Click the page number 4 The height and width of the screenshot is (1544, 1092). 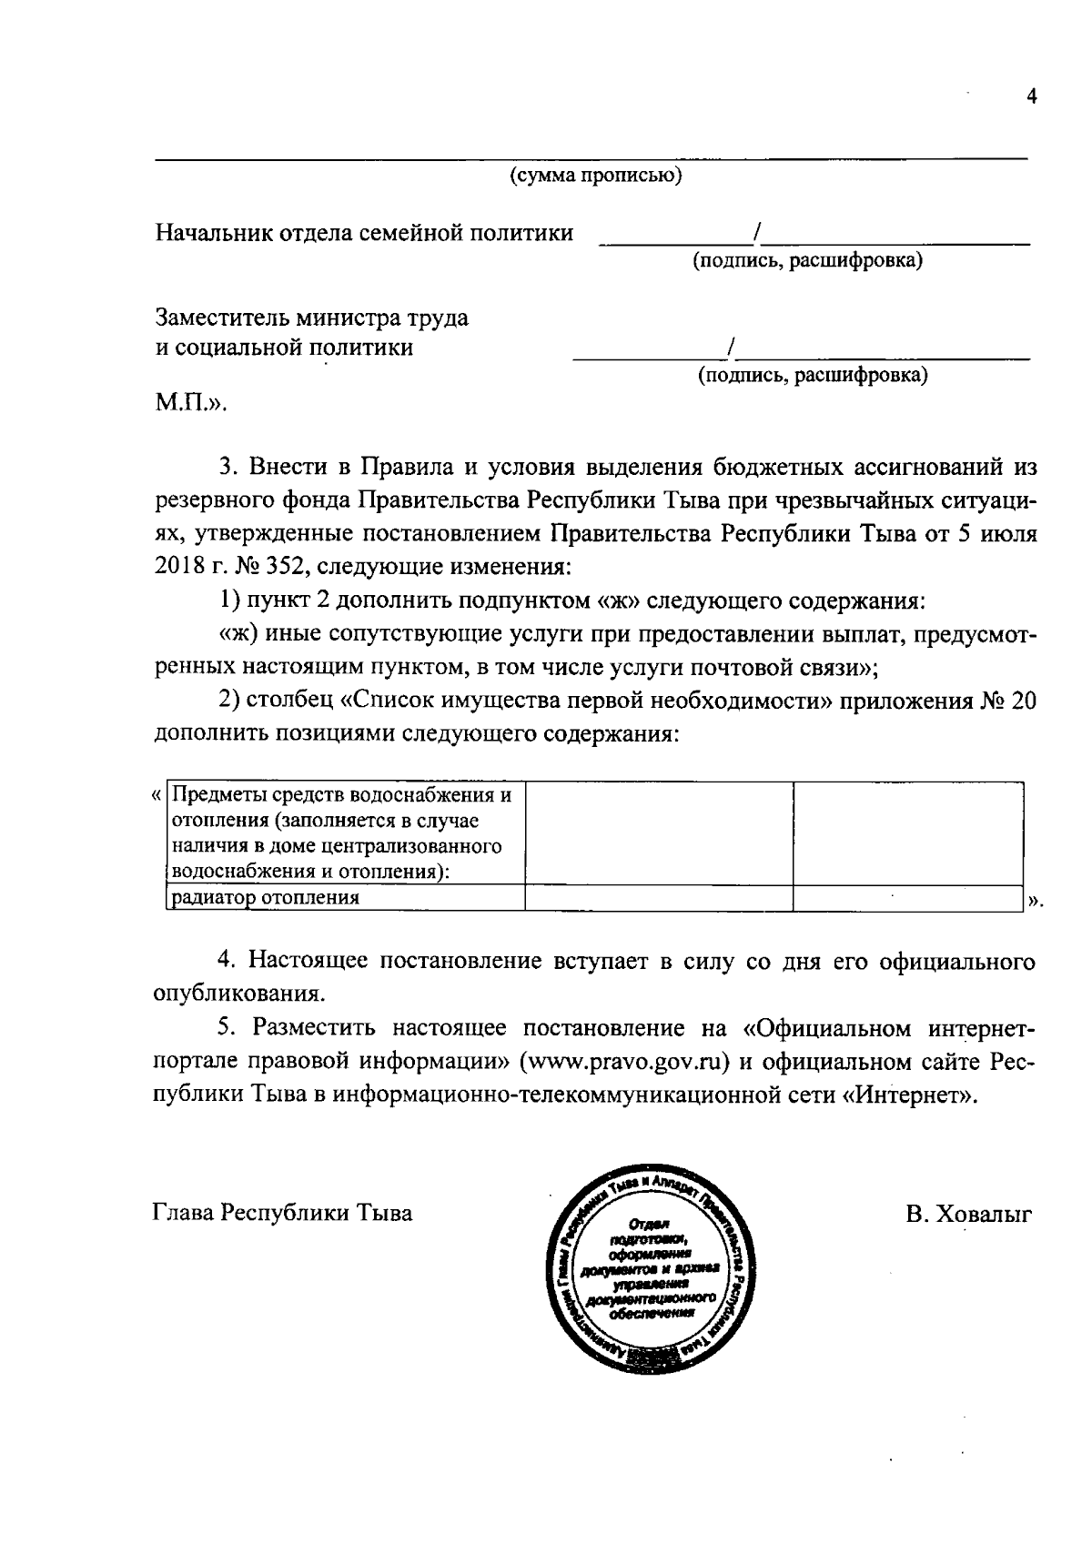1031,98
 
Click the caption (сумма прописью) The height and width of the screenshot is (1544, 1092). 596,176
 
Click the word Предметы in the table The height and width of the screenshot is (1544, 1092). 215,796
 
